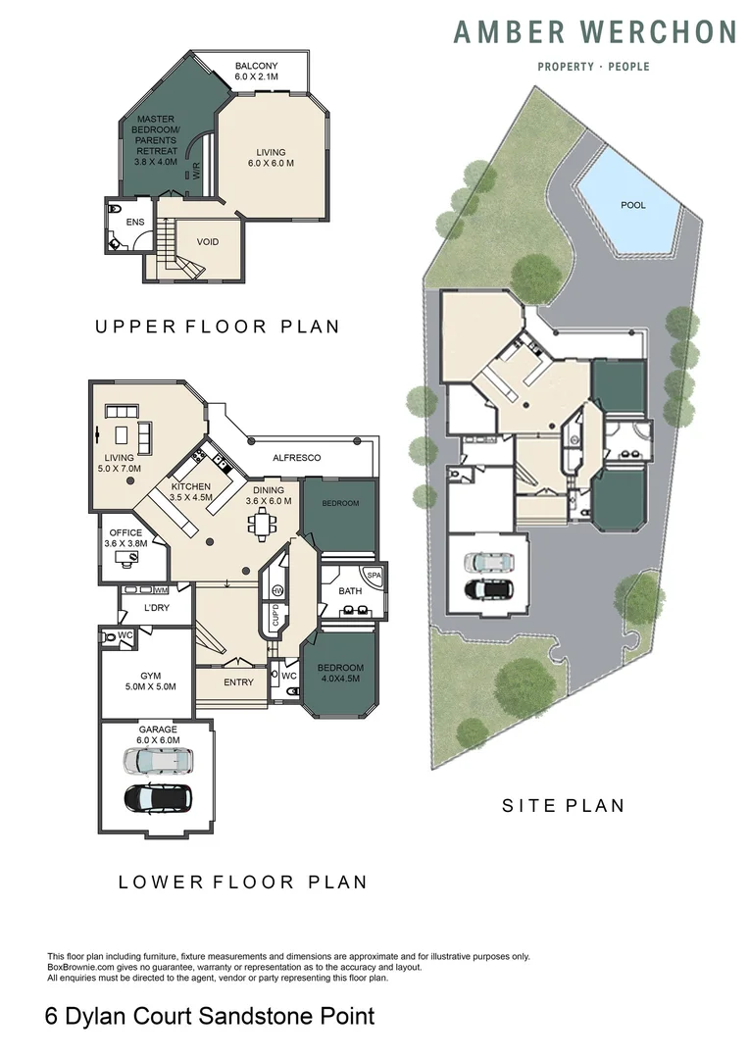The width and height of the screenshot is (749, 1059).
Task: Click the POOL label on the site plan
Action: (633, 206)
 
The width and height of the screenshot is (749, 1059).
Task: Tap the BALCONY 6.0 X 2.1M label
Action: (257, 71)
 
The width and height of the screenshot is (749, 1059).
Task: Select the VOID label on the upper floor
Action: (208, 242)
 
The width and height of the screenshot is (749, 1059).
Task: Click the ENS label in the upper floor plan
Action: (135, 223)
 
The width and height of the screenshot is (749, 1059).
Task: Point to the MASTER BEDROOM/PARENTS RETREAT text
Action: (156, 139)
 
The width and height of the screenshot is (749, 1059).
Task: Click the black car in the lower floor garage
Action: (158, 797)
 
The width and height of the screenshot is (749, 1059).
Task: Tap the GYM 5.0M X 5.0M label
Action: (150, 681)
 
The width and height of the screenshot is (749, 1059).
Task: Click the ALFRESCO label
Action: (296, 458)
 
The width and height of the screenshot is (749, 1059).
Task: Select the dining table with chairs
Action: (262, 525)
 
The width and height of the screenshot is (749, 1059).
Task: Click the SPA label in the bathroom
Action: (373, 575)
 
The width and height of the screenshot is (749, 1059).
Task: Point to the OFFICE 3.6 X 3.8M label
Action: (126, 538)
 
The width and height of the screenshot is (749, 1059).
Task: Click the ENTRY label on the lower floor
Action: (238, 682)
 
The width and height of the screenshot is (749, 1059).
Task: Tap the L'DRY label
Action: (157, 608)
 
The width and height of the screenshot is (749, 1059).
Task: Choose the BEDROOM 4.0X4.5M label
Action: (339, 673)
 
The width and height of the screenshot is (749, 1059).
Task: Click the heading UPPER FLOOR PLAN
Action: (218, 327)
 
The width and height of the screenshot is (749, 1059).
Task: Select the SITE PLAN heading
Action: (563, 806)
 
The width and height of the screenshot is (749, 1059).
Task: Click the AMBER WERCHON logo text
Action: (594, 33)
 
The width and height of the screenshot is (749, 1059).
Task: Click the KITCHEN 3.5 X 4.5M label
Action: (191, 492)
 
